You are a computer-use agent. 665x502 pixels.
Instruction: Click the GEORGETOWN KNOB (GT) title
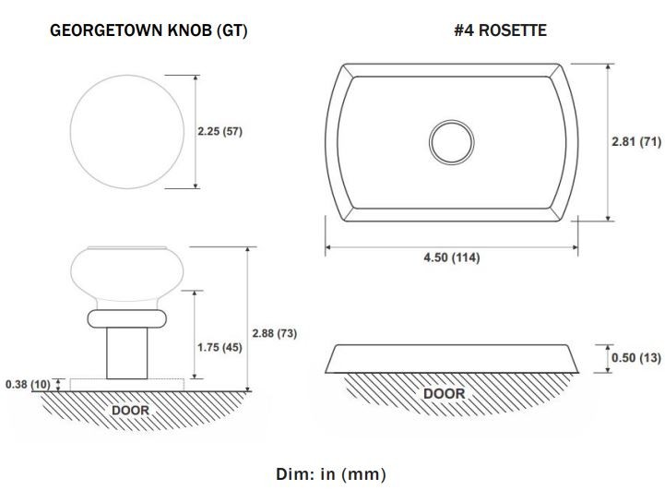pyautogui.click(x=148, y=30)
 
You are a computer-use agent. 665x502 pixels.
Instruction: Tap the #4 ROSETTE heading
pyautogui.click(x=500, y=30)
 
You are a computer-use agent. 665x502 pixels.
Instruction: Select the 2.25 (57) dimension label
pyautogui.click(x=220, y=132)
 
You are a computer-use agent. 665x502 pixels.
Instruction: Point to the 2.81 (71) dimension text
pyautogui.click(x=636, y=141)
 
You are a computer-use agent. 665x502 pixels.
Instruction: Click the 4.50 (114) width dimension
pyautogui.click(x=452, y=257)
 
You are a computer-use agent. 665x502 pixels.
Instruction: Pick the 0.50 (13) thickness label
pyautogui.click(x=636, y=358)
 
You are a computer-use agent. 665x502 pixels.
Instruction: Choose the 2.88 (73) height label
pyautogui.click(x=275, y=333)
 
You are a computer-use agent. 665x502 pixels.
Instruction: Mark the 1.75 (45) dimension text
pyautogui.click(x=220, y=348)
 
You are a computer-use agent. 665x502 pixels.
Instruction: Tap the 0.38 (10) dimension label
pyautogui.click(x=28, y=385)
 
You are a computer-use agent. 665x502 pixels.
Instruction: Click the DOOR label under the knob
pyautogui.click(x=131, y=411)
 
